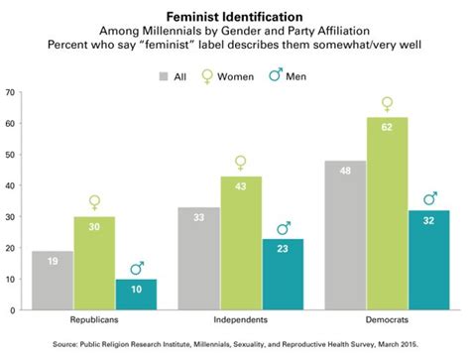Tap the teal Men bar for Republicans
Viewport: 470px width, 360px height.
click(x=135, y=295)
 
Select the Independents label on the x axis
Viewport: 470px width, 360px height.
click(x=239, y=322)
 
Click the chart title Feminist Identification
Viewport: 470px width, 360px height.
click(x=234, y=17)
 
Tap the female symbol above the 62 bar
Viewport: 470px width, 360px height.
click(x=387, y=103)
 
